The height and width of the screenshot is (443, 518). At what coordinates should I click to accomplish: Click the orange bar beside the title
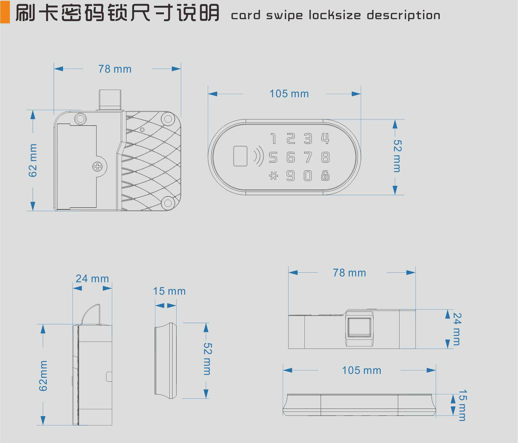tap(5, 12)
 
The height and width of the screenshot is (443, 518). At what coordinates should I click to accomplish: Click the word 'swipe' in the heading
tap(284, 15)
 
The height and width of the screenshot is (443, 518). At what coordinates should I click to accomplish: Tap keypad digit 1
tap(274, 139)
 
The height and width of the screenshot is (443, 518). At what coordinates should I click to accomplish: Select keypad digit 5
tap(273, 157)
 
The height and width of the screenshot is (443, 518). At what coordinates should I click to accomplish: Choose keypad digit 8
tap(325, 157)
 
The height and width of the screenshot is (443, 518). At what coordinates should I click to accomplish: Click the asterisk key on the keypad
tap(273, 176)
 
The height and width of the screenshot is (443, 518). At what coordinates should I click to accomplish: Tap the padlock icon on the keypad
tap(325, 176)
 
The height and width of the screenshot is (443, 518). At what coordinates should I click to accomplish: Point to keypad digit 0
tap(308, 176)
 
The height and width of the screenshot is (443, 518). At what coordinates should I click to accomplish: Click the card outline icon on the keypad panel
tap(240, 156)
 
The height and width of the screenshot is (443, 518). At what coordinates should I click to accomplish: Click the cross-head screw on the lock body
tap(97, 167)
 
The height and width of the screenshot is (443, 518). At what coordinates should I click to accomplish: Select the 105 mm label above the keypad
tap(289, 94)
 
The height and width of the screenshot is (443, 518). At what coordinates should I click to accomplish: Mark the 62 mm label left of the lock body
tap(33, 160)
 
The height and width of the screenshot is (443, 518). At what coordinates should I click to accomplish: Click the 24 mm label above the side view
tap(92, 279)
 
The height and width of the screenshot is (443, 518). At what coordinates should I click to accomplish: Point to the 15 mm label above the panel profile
tap(169, 291)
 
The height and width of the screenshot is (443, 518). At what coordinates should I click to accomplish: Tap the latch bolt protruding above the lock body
tap(110, 100)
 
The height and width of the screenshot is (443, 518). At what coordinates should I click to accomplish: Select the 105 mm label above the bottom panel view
tap(362, 370)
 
